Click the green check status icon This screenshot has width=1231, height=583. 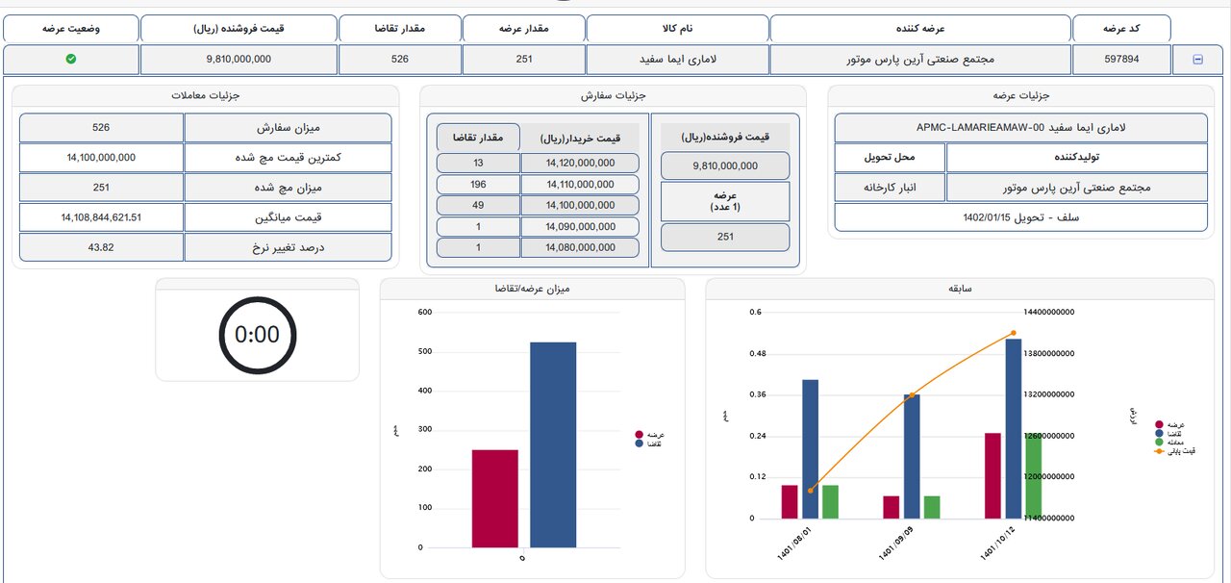[71, 60]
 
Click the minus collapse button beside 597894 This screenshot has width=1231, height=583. [1197, 60]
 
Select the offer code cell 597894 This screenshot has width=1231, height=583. [1121, 60]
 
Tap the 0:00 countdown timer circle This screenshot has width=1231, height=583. [257, 335]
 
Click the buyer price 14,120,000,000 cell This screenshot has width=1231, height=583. [580, 164]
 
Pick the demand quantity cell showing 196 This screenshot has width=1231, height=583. [478, 185]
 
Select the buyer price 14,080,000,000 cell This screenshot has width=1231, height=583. [580, 247]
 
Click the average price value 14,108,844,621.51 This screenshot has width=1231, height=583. [101, 217]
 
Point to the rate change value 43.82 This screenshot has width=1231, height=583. [101, 247]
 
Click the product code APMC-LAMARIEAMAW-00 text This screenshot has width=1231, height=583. [1020, 127]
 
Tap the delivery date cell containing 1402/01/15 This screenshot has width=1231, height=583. [1020, 217]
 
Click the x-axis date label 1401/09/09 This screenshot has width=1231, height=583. [895, 543]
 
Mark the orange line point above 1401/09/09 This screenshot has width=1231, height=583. [912, 395]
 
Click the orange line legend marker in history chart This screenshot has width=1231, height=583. [1159, 450]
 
